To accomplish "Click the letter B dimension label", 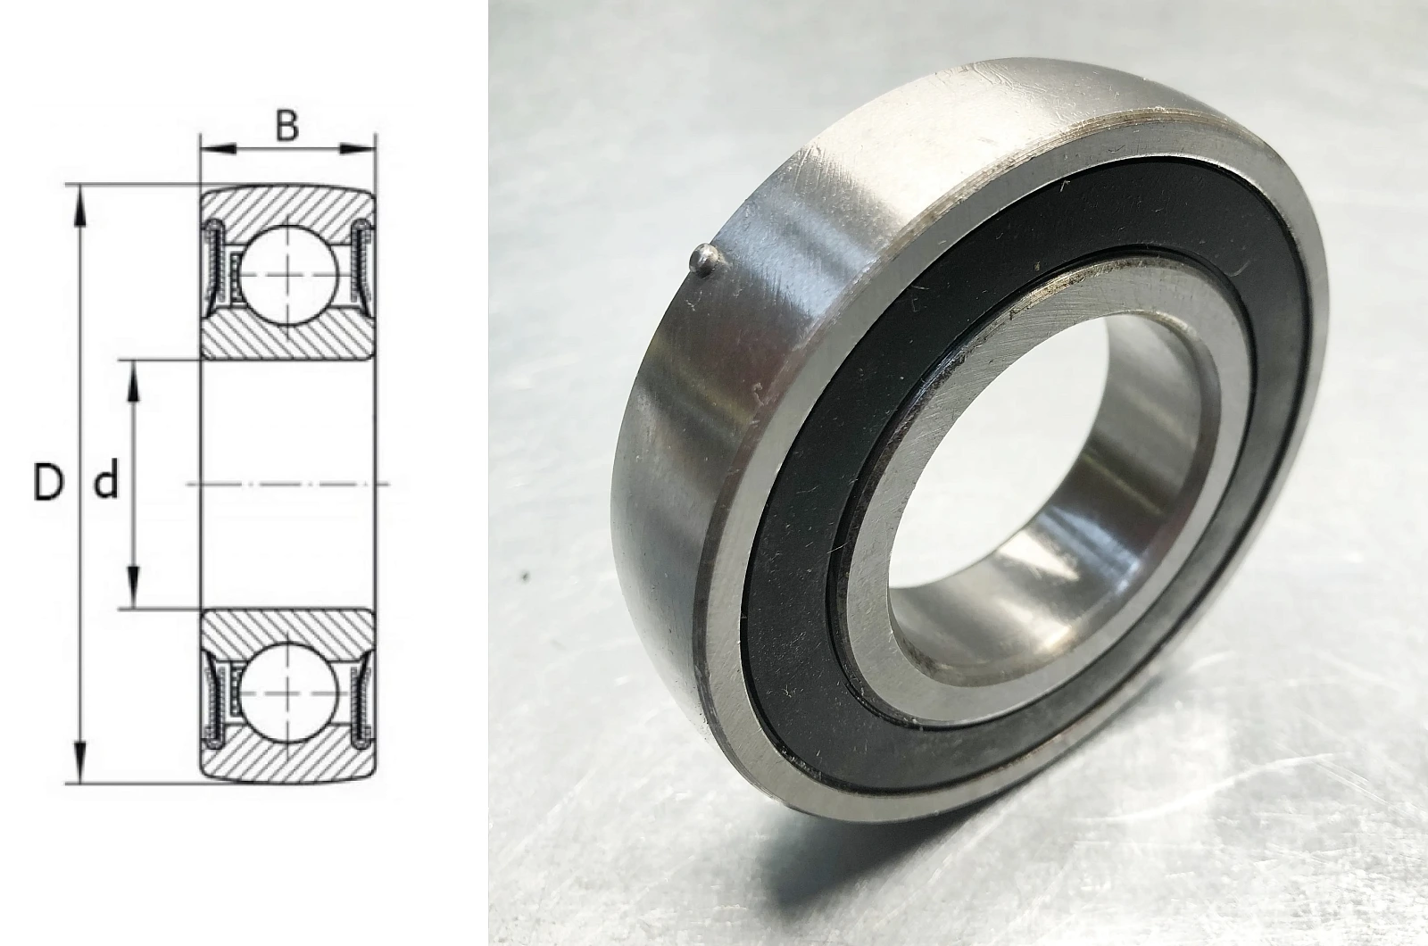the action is pos(286,126).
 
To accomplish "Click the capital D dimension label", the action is pos(48,482).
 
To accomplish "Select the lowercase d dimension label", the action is pos(106,482).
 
